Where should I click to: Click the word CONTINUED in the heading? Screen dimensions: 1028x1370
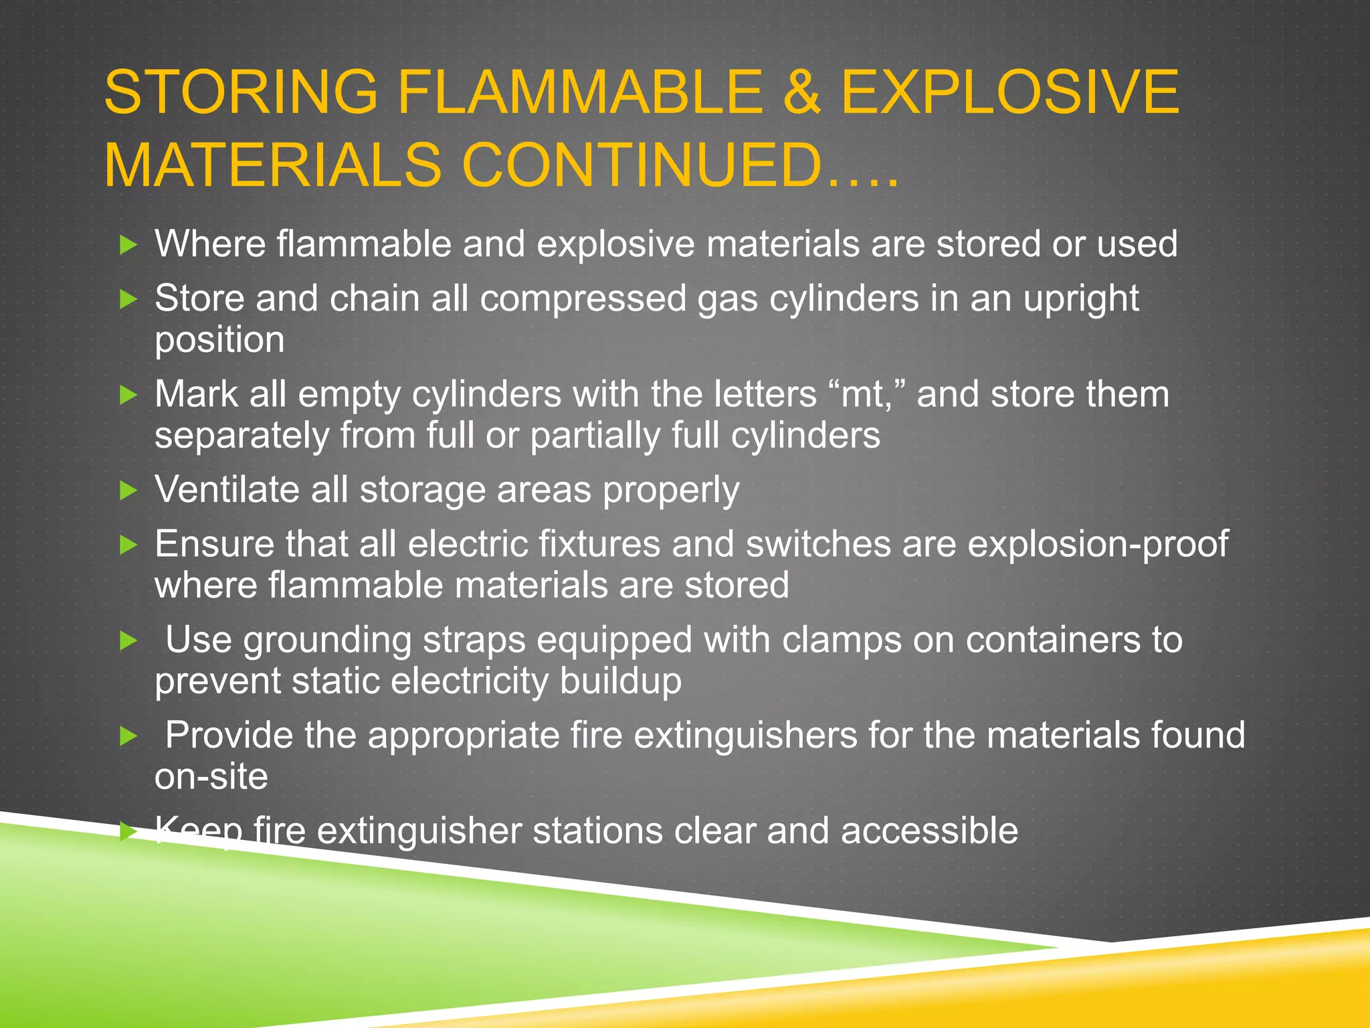click(641, 165)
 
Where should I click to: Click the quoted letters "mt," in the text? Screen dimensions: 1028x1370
click(866, 394)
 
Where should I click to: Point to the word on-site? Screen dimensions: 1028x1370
click(211, 776)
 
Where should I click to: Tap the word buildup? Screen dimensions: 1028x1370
click(620, 681)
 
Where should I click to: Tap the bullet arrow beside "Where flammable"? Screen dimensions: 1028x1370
click(128, 245)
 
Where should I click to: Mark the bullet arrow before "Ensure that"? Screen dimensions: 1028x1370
click(128, 545)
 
